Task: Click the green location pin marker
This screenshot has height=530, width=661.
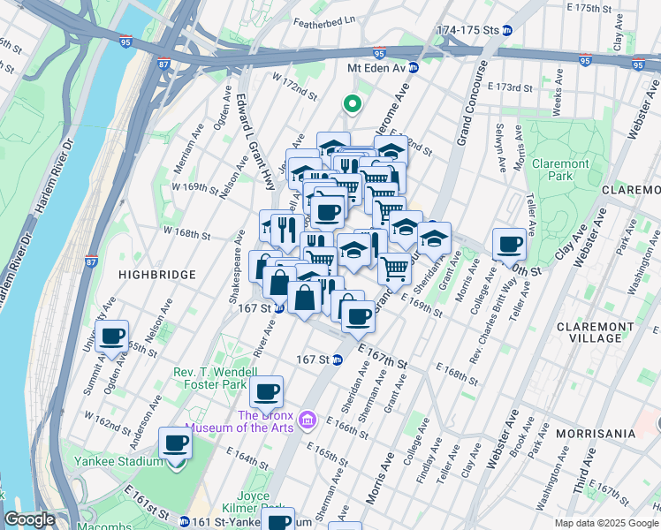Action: pos(352,105)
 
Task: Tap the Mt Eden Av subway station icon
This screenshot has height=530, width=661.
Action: pos(413,67)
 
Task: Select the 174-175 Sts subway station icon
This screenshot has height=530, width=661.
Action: pos(507,30)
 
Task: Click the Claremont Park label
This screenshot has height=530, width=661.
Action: pos(560,170)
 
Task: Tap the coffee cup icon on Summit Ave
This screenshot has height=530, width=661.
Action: pos(112,337)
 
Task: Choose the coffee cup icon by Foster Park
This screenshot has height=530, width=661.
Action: pos(266,391)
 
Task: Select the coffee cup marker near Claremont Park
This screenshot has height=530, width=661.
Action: pos(509,244)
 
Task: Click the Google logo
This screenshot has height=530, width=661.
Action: pos(30,519)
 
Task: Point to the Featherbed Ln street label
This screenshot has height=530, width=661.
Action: pos(323,19)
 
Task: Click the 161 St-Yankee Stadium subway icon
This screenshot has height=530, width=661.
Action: pos(183,522)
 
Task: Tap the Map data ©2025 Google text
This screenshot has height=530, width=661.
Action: pos(605,522)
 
